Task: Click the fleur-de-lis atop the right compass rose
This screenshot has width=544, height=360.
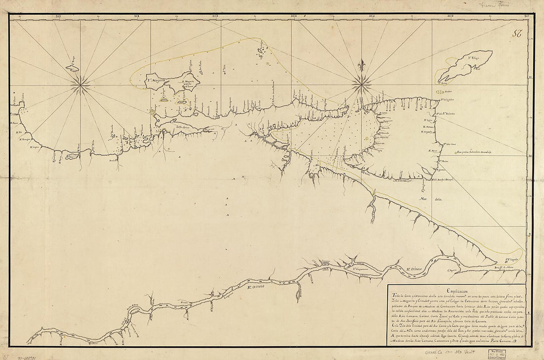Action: pos(362,66)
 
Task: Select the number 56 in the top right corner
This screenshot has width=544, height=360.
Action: pos(518,34)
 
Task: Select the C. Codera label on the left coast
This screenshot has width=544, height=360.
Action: pos(20,94)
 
